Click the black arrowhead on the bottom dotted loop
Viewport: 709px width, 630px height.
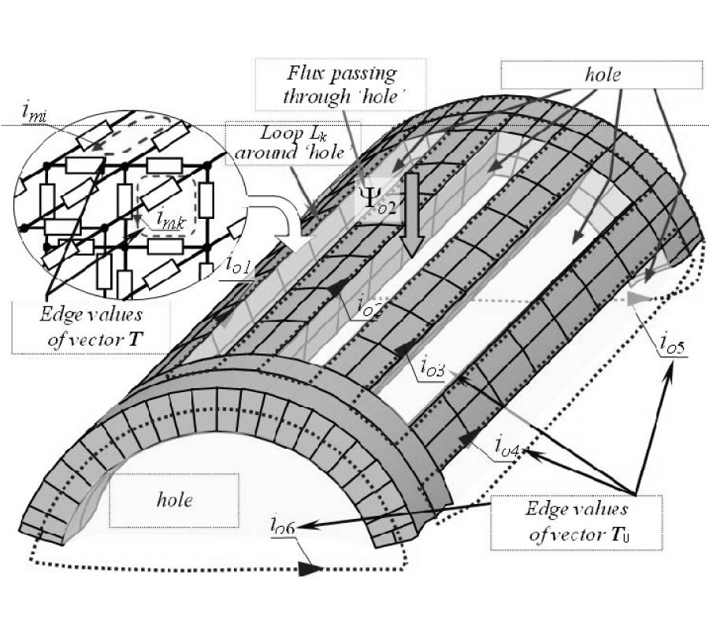tap(314, 565)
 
